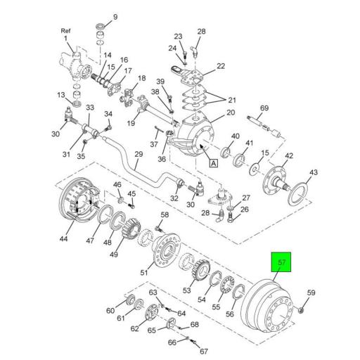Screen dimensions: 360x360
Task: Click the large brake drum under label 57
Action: (x=268, y=309)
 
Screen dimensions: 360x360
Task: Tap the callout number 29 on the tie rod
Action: (x=138, y=155)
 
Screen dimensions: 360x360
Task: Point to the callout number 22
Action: (x=220, y=66)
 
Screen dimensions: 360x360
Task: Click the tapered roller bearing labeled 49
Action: (x=129, y=229)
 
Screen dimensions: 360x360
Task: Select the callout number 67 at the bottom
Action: (x=205, y=351)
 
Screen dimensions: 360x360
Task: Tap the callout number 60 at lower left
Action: (x=110, y=310)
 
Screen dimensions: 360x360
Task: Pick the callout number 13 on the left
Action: (x=60, y=95)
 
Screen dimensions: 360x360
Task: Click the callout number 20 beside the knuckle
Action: (x=229, y=113)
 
